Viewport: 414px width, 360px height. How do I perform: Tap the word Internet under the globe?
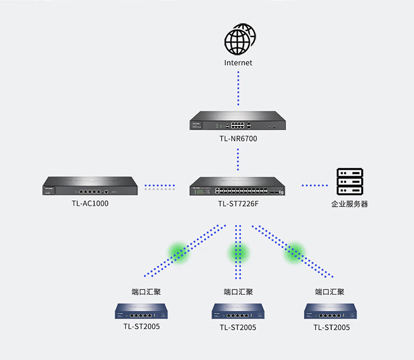coord(238,63)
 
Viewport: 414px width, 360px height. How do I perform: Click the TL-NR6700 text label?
coord(238,139)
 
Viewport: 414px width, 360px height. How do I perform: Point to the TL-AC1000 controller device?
coord(89,187)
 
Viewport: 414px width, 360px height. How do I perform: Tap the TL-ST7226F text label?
coord(238,204)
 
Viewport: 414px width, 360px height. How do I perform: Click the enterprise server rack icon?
coord(349,182)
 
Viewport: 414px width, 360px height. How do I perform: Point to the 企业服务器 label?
coord(349,204)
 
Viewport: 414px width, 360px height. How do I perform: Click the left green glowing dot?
coord(179,252)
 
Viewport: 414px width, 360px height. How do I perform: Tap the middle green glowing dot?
coord(238,252)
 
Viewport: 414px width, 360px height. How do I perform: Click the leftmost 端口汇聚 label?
coord(146,292)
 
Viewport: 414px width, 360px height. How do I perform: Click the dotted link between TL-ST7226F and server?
coord(315,186)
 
